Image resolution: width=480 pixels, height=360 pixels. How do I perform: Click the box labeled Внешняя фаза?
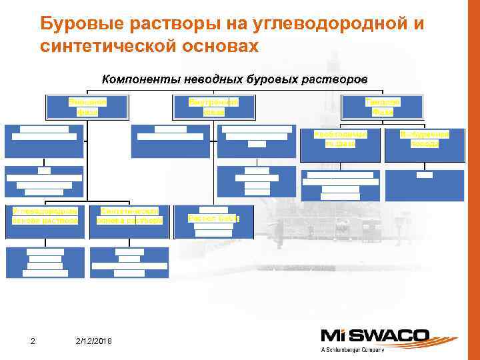[87, 107]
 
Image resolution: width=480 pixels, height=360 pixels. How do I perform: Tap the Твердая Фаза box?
[382, 107]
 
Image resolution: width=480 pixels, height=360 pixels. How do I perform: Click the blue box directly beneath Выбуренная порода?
[424, 185]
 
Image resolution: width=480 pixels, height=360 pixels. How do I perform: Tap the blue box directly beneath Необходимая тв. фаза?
[339, 185]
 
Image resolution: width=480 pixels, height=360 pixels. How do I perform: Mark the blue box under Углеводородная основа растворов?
[45, 262]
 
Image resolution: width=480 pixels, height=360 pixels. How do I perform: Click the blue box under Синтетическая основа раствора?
[129, 262]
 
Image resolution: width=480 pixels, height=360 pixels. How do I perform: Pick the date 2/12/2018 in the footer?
[94, 342]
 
